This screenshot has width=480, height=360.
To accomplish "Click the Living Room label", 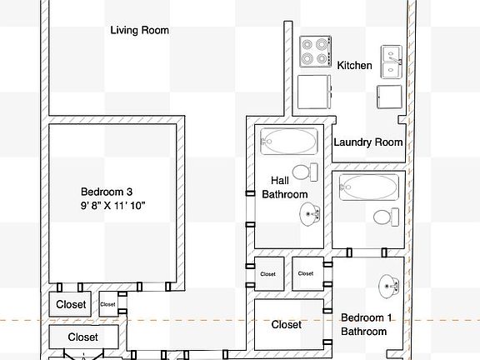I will pos(140,31).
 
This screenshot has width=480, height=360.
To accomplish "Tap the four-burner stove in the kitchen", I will pos(317,52).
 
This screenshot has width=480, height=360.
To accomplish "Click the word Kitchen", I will pos(354,65).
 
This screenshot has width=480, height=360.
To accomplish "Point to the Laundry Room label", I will pos(367,142).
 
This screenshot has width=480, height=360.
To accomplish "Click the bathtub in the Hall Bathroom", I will pos(288,141).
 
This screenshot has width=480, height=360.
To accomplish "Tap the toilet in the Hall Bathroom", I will pos(309,172).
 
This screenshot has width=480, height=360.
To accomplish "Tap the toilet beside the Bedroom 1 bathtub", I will pos(384,217).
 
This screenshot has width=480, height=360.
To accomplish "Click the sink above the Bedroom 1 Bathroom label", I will pos(389,286).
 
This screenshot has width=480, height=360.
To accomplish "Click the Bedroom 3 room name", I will pos(107,190).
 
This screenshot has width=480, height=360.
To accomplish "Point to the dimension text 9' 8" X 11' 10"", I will pos(113,205).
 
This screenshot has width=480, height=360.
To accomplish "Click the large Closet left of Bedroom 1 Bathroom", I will pos(286,324).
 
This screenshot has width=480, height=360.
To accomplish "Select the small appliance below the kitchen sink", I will pos(389,96).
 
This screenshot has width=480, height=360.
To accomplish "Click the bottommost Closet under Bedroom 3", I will pos(82,337).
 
